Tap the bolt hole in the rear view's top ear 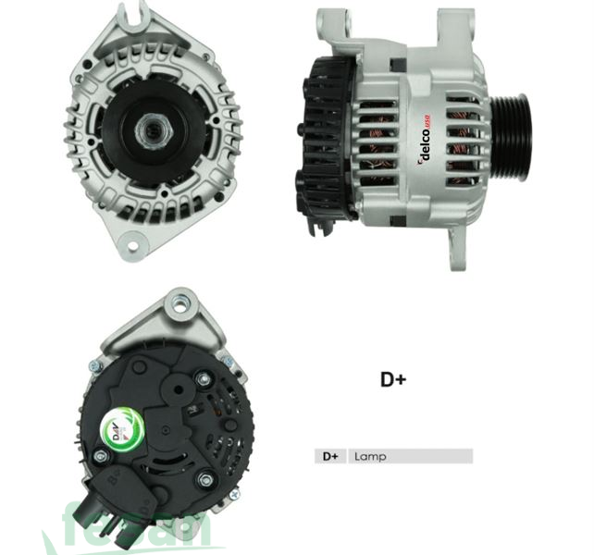coord(181,302)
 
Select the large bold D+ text coord(393,378)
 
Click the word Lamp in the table coord(369,456)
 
